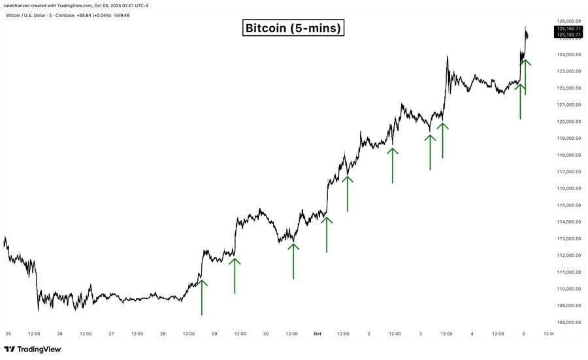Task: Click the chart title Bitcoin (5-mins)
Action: [293, 28]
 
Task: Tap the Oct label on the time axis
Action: [318, 333]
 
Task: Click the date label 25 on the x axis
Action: [8, 333]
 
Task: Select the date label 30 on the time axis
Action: [266, 333]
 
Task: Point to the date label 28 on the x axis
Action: [163, 333]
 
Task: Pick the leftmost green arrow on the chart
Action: [201, 297]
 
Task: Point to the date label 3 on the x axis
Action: [420, 333]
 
